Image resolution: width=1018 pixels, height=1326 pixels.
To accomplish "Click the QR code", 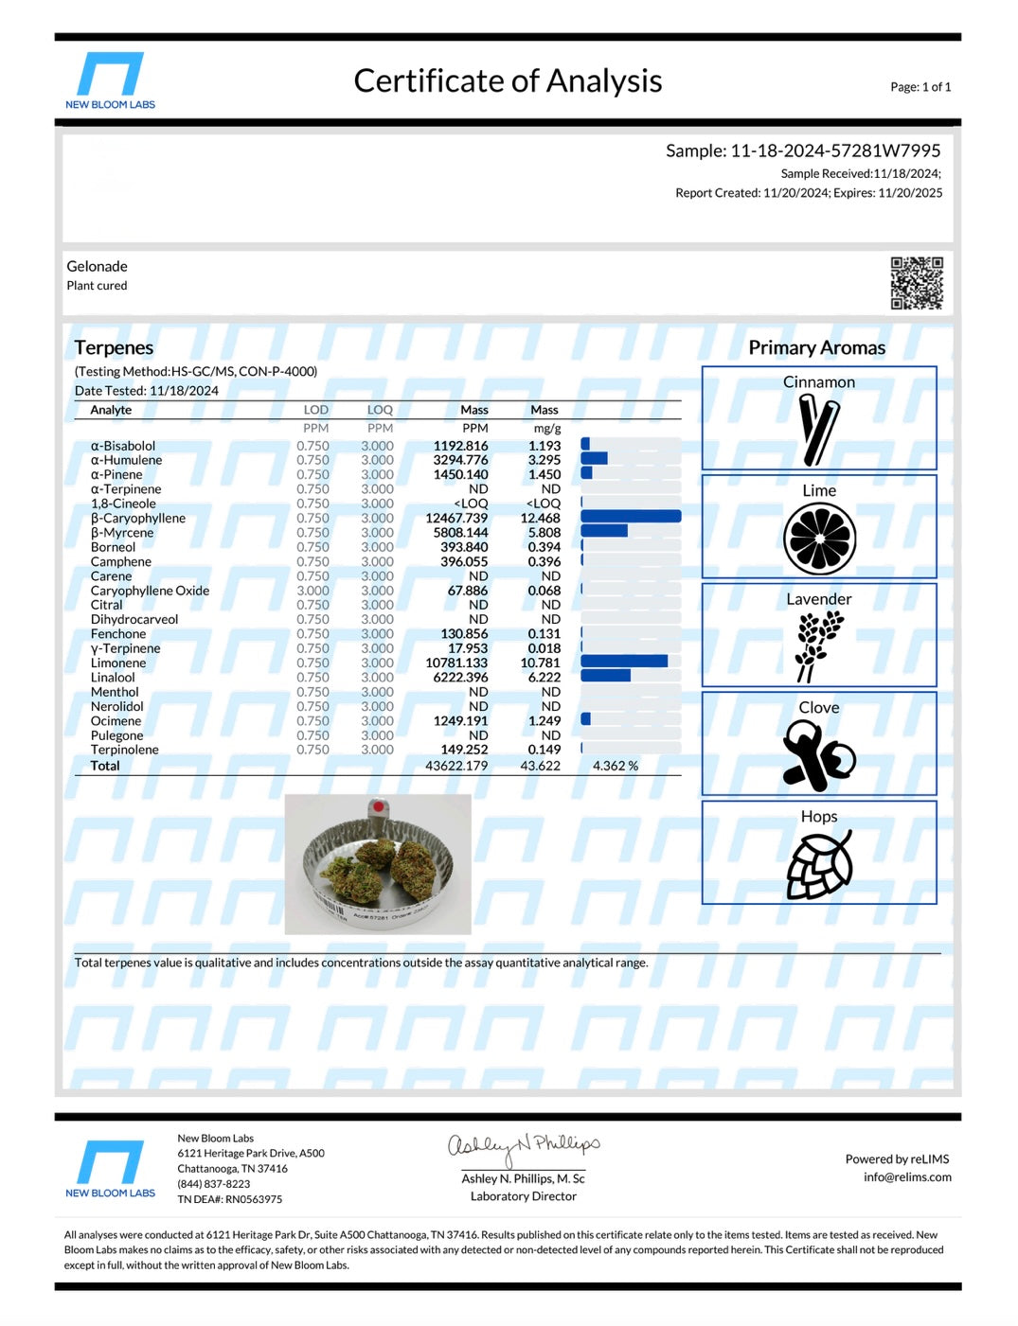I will coord(916,283).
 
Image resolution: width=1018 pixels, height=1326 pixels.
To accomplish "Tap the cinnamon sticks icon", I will coord(819,430).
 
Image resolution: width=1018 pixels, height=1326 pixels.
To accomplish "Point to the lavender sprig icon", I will coord(818,645).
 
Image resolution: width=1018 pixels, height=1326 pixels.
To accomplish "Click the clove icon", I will coord(818,755).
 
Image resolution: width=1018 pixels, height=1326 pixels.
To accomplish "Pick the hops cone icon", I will coord(819,865).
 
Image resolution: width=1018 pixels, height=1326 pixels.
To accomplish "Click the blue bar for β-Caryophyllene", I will coord(631,517).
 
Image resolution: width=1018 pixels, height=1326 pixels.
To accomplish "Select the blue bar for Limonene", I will coord(623,662).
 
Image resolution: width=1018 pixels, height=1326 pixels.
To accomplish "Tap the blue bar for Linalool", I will coord(605,676).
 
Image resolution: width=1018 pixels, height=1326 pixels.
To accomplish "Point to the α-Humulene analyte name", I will coord(126,460).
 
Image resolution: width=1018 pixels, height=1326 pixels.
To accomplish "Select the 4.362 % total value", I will coord(615,766).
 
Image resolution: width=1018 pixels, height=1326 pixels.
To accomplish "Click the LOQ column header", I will coord(380,410).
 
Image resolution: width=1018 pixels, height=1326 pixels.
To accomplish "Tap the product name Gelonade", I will coord(97,267).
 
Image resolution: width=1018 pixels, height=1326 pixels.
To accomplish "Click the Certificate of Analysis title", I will coord(508,81).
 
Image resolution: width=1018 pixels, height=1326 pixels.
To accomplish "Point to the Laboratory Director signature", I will coord(523,1149).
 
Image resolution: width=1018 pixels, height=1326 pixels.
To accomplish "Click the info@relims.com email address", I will coord(906,1177).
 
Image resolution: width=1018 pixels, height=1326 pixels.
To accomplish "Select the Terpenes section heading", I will coord(114,348).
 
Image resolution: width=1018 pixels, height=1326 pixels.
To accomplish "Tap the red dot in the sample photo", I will coord(378,807).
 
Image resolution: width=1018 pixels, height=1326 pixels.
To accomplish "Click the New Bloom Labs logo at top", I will coord(110,81).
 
